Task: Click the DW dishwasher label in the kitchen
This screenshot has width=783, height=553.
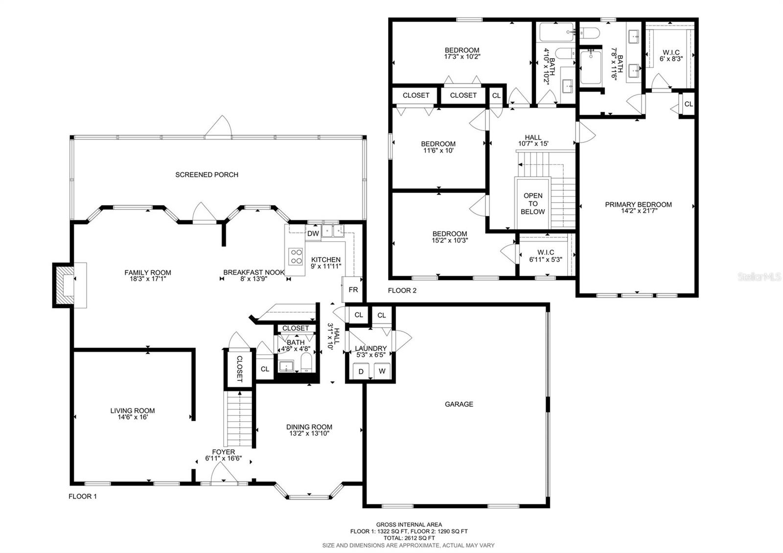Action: (313, 233)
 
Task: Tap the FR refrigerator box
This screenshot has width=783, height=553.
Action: (353, 289)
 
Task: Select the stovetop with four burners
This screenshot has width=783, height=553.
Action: (296, 256)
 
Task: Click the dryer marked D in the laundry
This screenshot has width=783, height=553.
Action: (361, 371)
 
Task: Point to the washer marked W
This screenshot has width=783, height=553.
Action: (382, 371)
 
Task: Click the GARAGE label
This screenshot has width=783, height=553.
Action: (459, 404)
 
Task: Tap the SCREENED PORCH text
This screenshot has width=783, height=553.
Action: (207, 174)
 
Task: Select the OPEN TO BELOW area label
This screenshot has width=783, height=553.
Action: (533, 204)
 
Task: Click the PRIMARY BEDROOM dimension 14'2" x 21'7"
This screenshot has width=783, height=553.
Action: (638, 211)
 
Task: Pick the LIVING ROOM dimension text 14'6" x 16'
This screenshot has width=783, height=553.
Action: (133, 417)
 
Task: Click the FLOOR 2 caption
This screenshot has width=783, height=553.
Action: (402, 291)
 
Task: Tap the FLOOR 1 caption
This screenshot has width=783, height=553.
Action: (83, 496)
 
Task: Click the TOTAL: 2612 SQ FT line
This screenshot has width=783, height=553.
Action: (409, 538)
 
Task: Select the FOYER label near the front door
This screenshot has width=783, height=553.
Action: (223, 452)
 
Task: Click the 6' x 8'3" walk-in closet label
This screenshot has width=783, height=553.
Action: (671, 59)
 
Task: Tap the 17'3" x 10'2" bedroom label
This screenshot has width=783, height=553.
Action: (462, 56)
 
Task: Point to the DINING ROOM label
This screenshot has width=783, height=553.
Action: (309, 427)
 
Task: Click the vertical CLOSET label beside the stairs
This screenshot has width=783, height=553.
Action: (240, 369)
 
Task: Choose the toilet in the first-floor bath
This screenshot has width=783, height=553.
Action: (306, 363)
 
